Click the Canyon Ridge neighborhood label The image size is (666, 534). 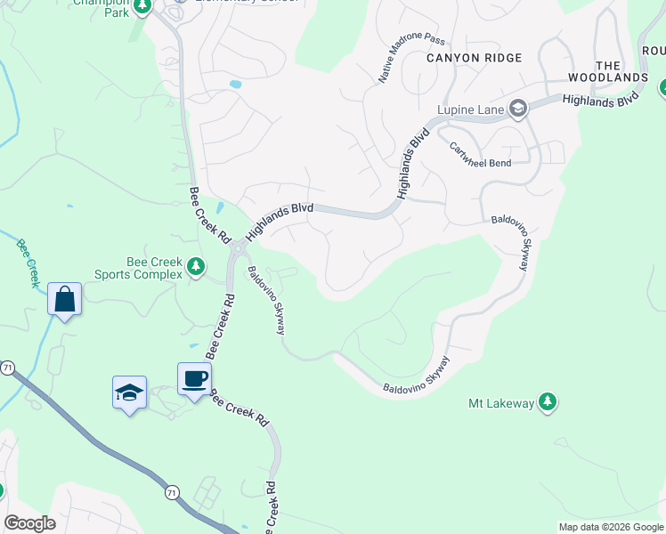coord(474,57)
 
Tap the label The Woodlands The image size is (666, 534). coord(620,72)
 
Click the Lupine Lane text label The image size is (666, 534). coord(471,110)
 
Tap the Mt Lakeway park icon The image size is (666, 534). coord(548,403)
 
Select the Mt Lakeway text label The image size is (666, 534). coord(501,404)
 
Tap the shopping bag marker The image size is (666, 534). coord(65,299)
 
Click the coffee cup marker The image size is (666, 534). coord(194,379)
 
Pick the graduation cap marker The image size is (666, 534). coord(129,392)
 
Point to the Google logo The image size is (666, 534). coord(29,523)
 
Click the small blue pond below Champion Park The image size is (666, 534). coord(235,85)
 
